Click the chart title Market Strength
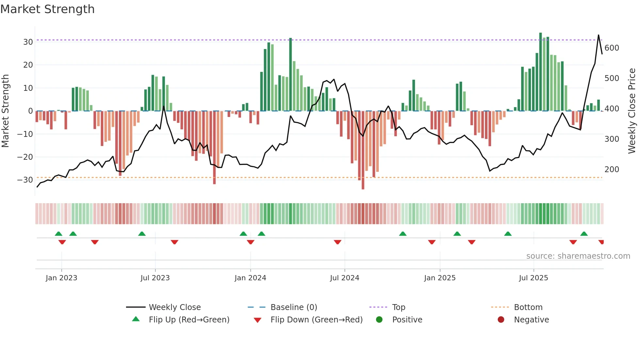pyautogui.click(x=47, y=9)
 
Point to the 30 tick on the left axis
pyautogui.click(x=28, y=42)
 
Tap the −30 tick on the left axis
pyautogui.click(x=25, y=180)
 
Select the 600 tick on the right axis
pyautogui.click(x=612, y=48)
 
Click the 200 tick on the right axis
pyautogui.click(x=612, y=170)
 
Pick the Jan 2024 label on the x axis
pyautogui.click(x=250, y=278)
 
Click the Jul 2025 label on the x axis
pyautogui.click(x=533, y=278)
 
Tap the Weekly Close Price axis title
pyautogui.click(x=632, y=111)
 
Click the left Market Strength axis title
pyautogui.click(x=5, y=111)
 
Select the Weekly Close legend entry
pyautogui.click(x=174, y=307)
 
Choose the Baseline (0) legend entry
pyautogui.click(x=294, y=307)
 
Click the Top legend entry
pyautogui.click(x=398, y=307)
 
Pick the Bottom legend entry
pyautogui.click(x=528, y=307)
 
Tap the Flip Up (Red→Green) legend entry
pyautogui.click(x=189, y=320)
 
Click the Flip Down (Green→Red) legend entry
pyautogui.click(x=316, y=320)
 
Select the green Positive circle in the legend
pyautogui.click(x=379, y=320)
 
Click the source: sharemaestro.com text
pyautogui.click(x=578, y=256)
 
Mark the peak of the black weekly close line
pyautogui.click(x=599, y=35)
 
